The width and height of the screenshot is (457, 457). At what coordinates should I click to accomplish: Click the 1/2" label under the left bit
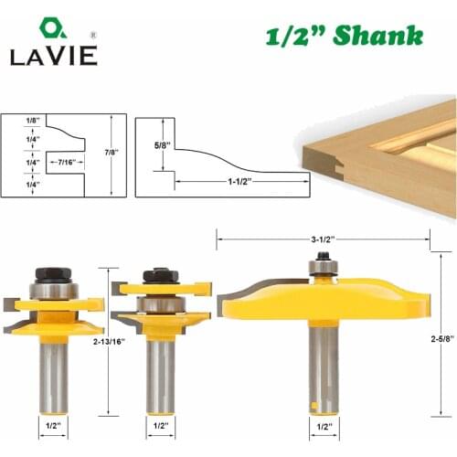click(x=53, y=425)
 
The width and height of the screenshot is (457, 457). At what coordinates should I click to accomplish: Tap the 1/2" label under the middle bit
click(x=161, y=425)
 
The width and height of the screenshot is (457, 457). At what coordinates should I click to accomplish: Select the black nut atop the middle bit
click(x=161, y=275)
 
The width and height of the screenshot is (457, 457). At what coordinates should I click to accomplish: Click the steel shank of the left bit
click(x=53, y=375)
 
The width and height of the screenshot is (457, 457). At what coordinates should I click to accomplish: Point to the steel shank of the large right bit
click(x=323, y=366)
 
